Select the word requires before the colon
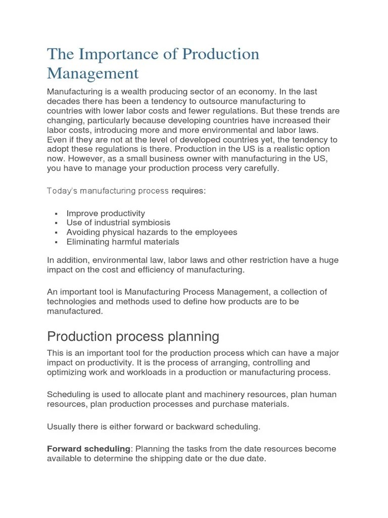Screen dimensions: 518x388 coord(188,191)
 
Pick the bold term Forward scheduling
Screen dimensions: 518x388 coord(88,449)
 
